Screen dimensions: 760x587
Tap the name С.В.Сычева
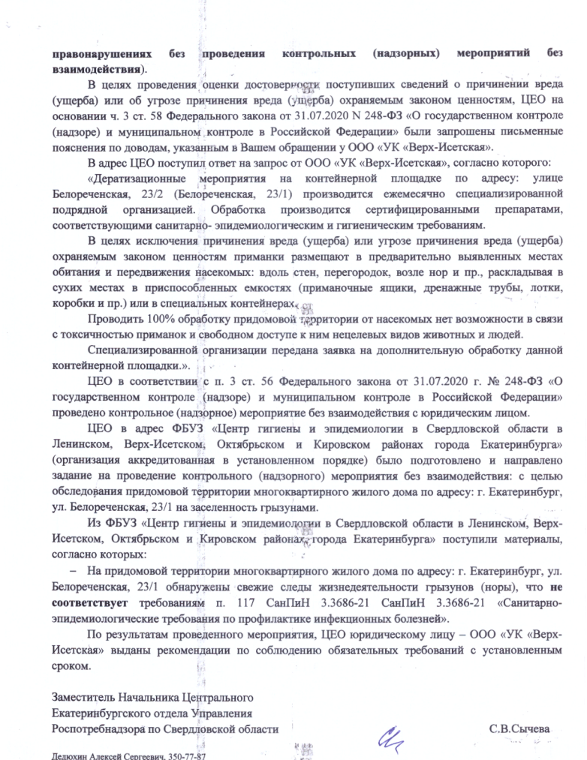[519, 728]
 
